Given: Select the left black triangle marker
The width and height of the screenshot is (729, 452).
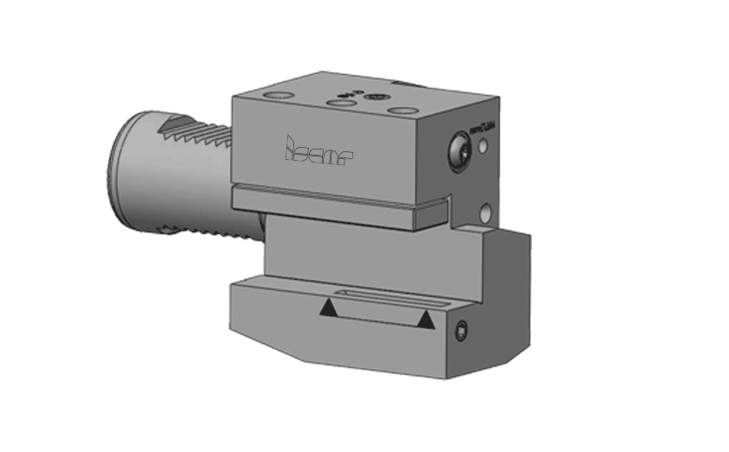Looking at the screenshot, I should click(x=328, y=308).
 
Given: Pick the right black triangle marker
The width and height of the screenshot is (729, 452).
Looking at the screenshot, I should click(x=424, y=322).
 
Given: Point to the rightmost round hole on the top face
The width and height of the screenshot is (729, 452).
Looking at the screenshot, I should click(x=401, y=110).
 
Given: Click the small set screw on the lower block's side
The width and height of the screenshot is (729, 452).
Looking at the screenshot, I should click(x=462, y=330).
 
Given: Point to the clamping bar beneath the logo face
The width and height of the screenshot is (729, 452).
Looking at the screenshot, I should click(x=338, y=204).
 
